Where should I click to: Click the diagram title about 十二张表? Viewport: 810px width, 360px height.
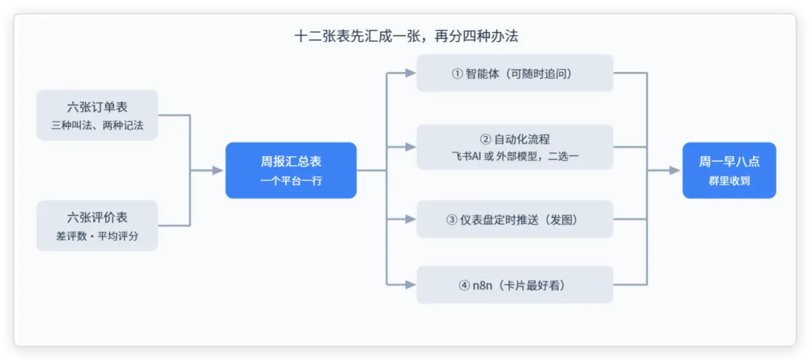point(406,37)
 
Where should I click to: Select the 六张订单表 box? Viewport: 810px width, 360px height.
point(97,115)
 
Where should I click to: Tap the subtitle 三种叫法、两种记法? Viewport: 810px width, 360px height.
point(97,125)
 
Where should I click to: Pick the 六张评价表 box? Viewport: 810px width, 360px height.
point(97,226)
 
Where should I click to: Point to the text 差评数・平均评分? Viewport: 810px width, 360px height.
point(97,236)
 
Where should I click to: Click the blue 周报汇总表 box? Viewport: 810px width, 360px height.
point(291,170)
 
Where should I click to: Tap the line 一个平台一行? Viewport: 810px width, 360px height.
point(291,181)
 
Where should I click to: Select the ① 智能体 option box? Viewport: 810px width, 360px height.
point(514,73)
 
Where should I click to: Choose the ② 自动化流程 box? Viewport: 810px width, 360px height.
point(514,147)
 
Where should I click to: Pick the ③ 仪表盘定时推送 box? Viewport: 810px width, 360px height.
point(514,220)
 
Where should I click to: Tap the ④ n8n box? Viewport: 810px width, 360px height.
point(514,284)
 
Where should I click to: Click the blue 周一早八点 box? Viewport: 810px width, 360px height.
point(729,170)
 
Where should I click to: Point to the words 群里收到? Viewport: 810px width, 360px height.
point(729,181)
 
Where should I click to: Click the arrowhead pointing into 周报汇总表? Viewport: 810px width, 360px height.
point(218,170)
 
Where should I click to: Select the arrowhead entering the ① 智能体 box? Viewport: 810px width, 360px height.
point(410,73)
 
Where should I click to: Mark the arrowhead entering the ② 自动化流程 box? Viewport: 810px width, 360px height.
point(410,147)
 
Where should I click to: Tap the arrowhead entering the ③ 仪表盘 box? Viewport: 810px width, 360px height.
point(410,220)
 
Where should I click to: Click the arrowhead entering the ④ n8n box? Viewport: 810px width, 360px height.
point(410,284)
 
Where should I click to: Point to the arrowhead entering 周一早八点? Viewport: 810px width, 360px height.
point(675,170)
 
